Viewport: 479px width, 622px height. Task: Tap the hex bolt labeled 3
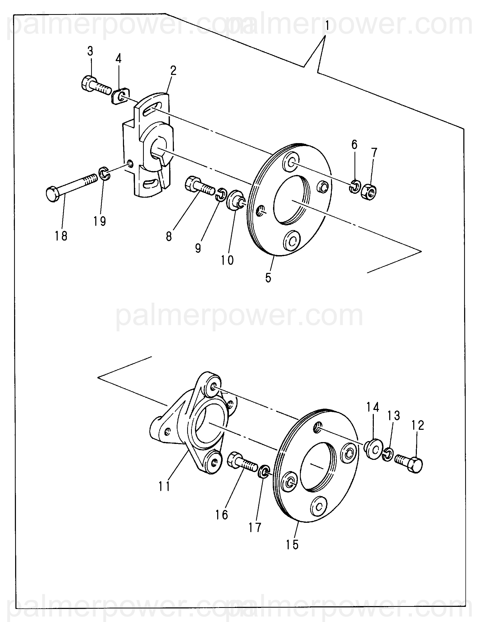point(95,85)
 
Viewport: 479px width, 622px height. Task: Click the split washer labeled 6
point(354,186)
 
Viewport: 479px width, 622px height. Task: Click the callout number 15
point(292,544)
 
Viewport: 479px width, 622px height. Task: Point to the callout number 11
point(164,486)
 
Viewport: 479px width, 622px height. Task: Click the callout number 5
point(268,278)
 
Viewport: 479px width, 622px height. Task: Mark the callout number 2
point(173,70)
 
